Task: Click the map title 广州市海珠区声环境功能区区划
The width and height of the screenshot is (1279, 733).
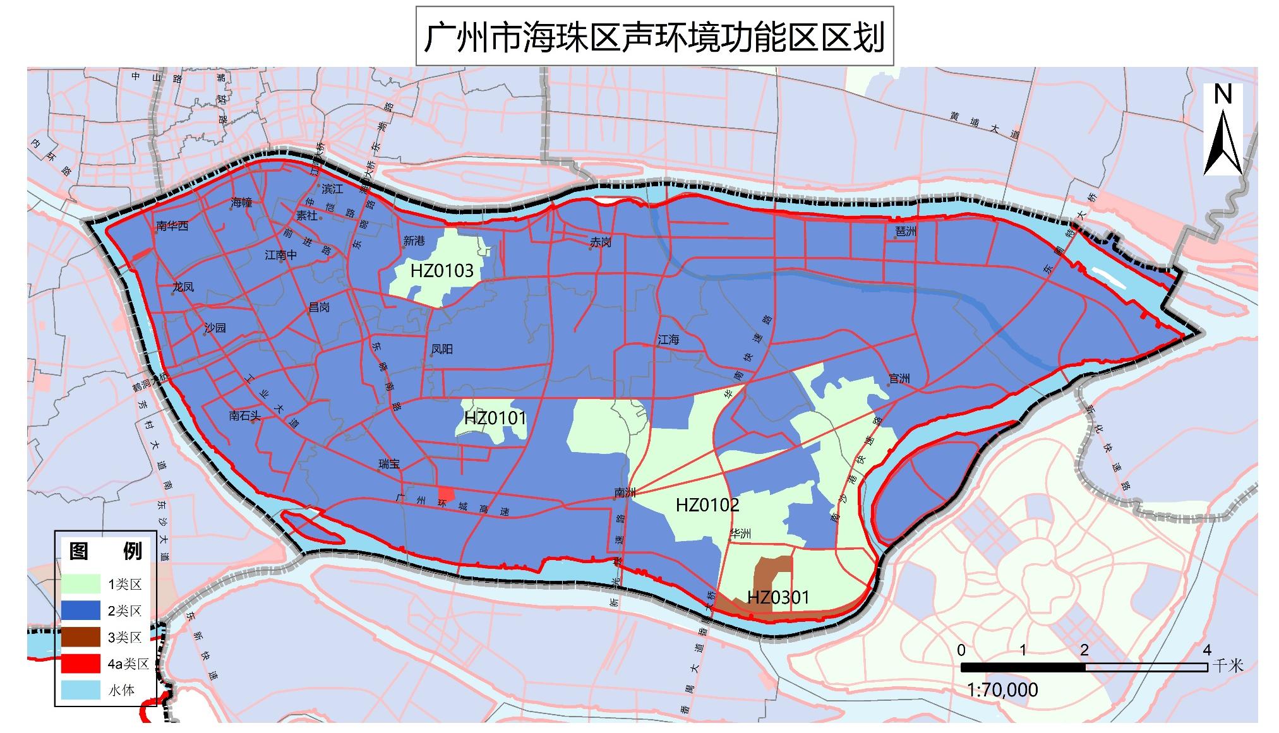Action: [654, 37]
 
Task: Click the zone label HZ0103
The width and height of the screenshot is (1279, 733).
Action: [441, 271]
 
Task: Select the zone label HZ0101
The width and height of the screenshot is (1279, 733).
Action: [495, 419]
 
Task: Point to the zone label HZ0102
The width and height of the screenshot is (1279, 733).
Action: [707, 505]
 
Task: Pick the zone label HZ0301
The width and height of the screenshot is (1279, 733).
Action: [778, 597]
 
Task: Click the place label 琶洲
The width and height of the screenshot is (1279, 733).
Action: [905, 232]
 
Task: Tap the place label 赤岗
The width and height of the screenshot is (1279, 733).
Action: [601, 242]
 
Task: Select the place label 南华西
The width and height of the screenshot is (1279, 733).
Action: [172, 225]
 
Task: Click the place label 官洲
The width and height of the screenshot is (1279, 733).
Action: [899, 379]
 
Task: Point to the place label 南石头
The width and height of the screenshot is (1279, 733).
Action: [244, 415]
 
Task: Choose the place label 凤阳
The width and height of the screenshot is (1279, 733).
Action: [442, 349]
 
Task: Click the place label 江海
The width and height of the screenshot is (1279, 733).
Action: [668, 340]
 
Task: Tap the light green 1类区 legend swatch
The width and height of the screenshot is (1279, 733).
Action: [81, 584]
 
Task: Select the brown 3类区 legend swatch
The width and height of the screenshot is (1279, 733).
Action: [81, 637]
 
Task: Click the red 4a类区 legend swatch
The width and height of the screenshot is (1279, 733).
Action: [81, 664]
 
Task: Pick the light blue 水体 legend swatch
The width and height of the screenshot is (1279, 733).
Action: [81, 690]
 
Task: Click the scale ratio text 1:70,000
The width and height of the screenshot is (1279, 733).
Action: [1002, 689]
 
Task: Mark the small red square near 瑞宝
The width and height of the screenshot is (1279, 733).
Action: [446, 493]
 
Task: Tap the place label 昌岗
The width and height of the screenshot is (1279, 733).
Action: [319, 307]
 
